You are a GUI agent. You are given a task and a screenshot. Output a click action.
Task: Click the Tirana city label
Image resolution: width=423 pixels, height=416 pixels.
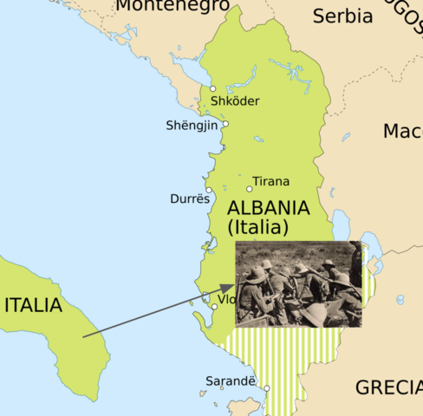271,182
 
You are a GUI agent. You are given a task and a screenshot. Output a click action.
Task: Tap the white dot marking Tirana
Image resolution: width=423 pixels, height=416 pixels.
250,188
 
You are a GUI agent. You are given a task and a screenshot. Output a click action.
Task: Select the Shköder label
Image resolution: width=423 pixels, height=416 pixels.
235,101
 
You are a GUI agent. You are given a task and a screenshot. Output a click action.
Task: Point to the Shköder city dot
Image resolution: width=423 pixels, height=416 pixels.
213,88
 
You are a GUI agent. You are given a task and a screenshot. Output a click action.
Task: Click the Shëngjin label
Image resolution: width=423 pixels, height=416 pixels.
191,126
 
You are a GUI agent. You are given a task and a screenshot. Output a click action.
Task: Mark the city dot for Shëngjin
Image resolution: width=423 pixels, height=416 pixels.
225,124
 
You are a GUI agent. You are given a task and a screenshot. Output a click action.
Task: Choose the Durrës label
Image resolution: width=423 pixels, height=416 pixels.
190,199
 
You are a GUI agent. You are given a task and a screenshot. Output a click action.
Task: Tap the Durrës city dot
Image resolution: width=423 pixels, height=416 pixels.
209,190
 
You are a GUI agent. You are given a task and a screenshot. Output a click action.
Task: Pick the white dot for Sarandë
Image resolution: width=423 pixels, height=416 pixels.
268,388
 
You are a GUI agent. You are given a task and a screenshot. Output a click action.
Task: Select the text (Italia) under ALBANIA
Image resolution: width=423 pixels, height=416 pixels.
257,229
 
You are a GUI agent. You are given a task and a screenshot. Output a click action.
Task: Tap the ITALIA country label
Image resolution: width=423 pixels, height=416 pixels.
34,305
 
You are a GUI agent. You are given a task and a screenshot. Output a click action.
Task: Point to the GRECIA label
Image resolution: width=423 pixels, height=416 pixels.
388,387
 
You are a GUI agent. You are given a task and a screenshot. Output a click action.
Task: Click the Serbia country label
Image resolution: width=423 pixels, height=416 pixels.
342,16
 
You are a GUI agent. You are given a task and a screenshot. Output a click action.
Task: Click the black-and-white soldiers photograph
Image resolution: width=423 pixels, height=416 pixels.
298,283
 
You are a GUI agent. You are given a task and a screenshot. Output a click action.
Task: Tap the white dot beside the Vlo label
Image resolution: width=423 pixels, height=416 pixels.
214,307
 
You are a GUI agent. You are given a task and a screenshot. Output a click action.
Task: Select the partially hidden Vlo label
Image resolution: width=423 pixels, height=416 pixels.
227,300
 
